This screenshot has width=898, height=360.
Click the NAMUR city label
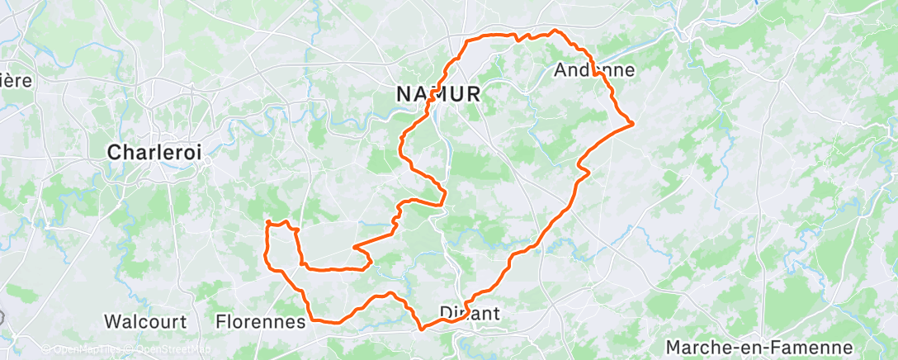(x=438, y=94)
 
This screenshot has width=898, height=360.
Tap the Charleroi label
(x=155, y=153)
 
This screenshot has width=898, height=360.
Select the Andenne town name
(x=595, y=70)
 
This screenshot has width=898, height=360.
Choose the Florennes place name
(x=260, y=321)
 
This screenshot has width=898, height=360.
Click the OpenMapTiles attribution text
(x=78, y=350)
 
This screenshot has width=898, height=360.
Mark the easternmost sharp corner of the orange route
(x=632, y=124)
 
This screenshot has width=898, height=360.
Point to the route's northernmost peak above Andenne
(x=556, y=31)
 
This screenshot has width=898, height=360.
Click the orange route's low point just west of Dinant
(x=422, y=328)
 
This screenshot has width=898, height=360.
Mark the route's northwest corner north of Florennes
(x=267, y=222)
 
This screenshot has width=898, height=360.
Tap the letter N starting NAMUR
(x=404, y=94)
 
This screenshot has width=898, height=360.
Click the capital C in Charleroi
(x=116, y=153)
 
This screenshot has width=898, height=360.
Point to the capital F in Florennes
(x=220, y=321)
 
